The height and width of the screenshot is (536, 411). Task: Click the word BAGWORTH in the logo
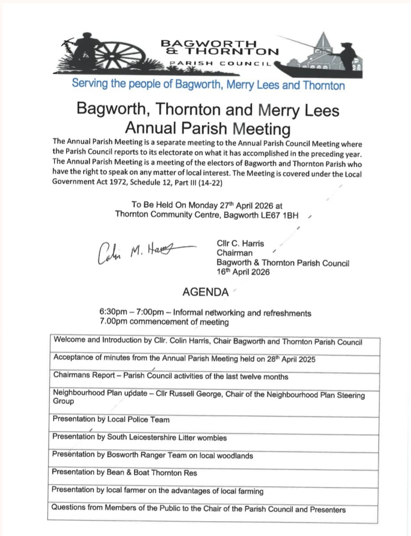pos(208,43)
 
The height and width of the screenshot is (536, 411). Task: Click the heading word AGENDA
pos(205,292)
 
